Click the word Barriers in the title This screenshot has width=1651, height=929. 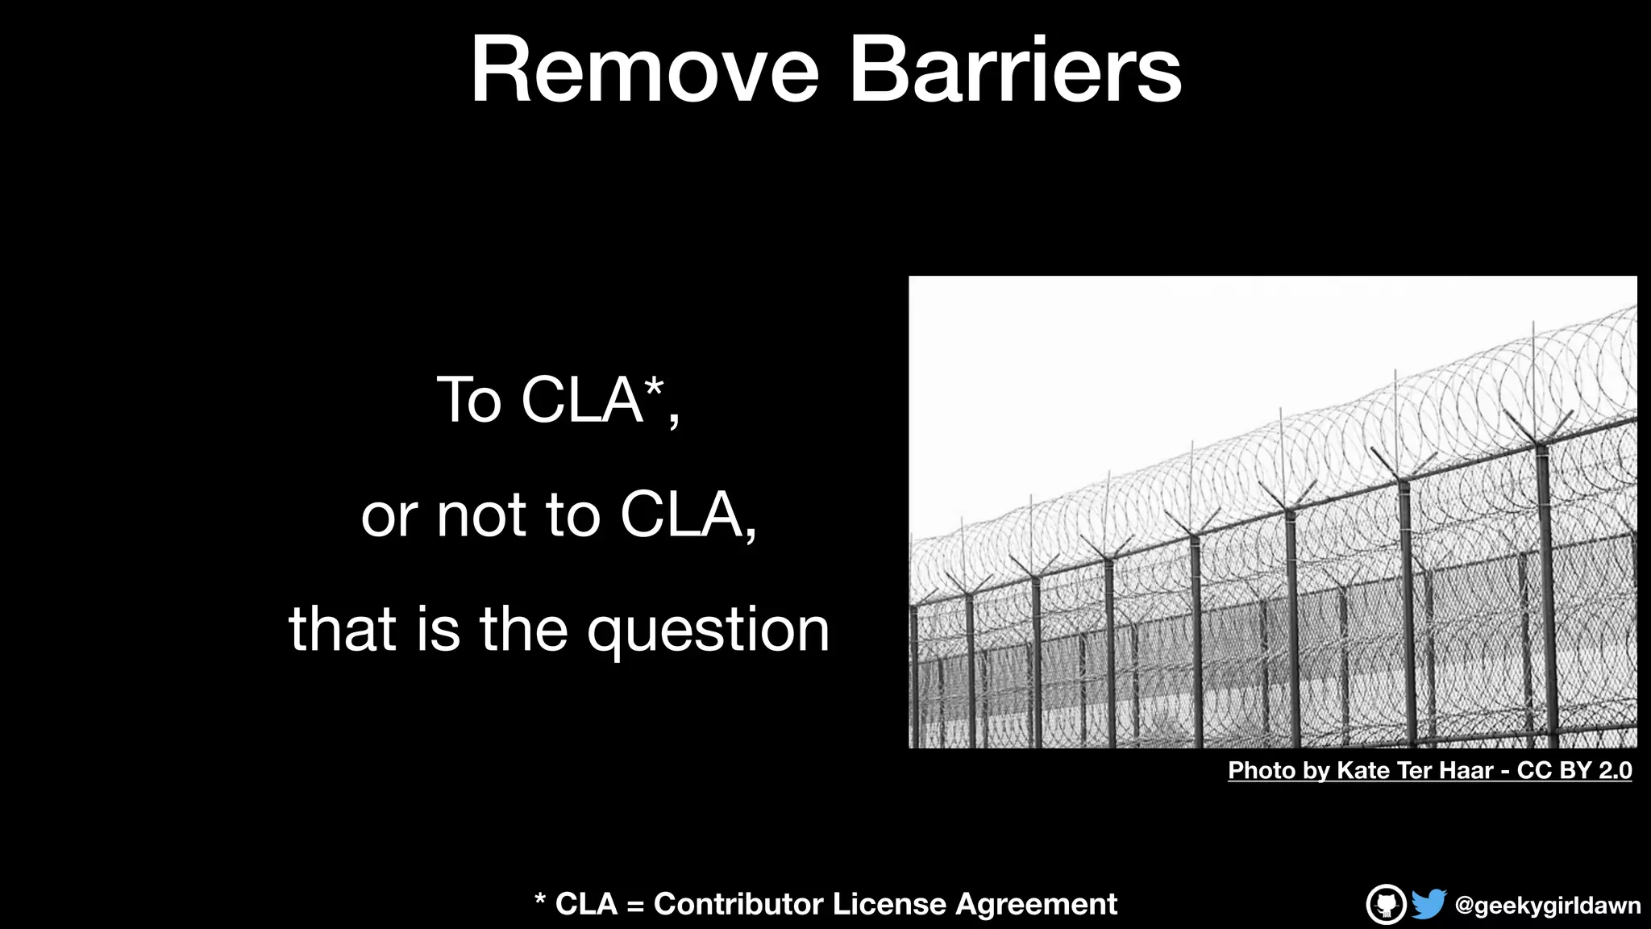coord(1015,71)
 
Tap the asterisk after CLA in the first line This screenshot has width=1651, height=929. coord(655,388)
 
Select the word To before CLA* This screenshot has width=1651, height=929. coord(468,400)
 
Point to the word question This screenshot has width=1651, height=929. coord(708,631)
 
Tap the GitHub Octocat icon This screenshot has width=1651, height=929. coord(1386,904)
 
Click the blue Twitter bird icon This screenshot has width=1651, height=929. coord(1429,904)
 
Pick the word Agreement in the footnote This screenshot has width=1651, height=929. coord(1036,904)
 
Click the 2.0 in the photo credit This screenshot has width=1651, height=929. coord(1615,770)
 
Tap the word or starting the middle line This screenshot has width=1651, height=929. coord(385,516)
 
